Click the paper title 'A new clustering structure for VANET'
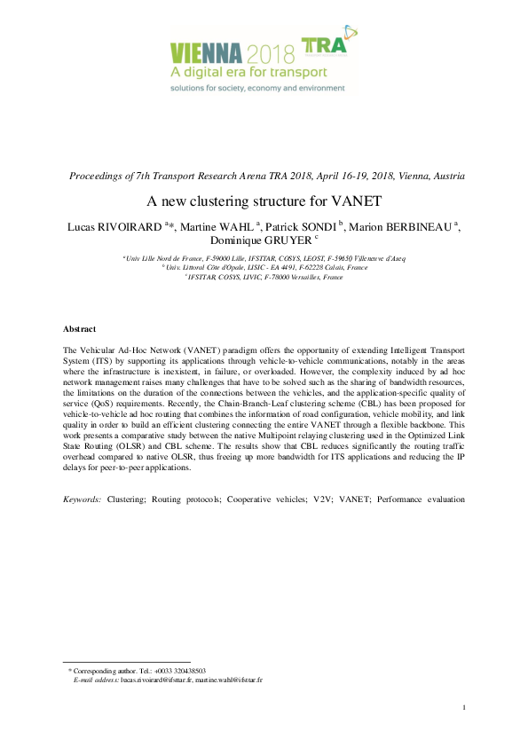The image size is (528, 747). coord(264,200)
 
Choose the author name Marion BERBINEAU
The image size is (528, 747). coord(406,227)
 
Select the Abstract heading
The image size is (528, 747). coord(81,330)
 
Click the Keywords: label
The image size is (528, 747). coord(83,499)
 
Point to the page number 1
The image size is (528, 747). coord(464,707)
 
